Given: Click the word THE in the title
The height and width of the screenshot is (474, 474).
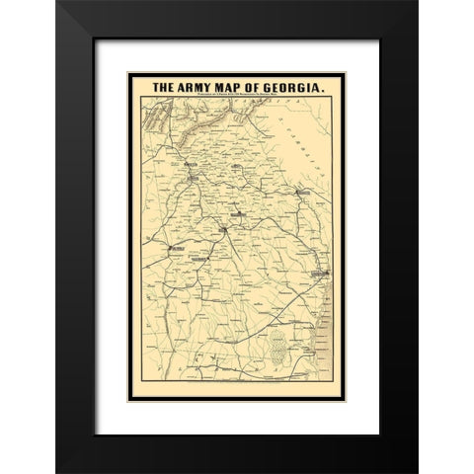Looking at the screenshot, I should click(x=163, y=86).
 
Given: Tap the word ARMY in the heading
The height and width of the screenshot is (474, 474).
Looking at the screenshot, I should click(x=196, y=86).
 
